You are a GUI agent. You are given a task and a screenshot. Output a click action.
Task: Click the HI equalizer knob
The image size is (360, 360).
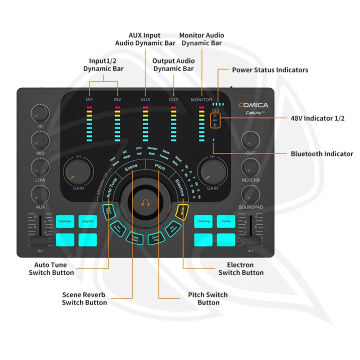(x=39, y=112)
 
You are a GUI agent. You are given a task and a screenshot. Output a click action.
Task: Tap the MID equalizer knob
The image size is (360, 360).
(x=39, y=139)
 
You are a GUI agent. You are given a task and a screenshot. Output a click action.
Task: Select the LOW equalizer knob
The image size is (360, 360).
(x=39, y=166)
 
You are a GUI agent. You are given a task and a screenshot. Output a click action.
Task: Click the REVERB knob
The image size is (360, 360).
(x=250, y=166)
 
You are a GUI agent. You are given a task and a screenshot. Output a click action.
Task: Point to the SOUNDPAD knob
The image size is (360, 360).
(x=250, y=194)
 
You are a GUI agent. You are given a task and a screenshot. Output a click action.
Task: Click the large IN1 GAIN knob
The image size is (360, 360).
(x=78, y=173)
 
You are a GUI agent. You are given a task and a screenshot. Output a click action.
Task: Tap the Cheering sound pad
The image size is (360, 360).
(x=203, y=221)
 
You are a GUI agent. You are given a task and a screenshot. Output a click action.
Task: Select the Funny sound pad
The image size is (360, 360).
(x=226, y=221)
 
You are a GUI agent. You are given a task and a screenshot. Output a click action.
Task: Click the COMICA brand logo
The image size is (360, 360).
(x=253, y=105)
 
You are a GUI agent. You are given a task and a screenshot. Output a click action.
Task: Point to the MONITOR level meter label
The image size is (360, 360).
(x=201, y=99)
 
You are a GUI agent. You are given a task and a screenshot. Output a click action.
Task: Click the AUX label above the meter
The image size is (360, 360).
(x=145, y=99)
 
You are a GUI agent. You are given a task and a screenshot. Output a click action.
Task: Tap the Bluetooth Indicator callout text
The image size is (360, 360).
(x=322, y=154)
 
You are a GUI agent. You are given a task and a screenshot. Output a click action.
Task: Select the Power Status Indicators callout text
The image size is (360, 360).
(x=270, y=70)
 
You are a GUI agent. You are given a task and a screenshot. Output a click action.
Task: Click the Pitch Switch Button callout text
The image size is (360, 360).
(x=208, y=298)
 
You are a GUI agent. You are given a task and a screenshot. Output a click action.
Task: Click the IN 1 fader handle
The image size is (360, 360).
(x=39, y=241)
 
